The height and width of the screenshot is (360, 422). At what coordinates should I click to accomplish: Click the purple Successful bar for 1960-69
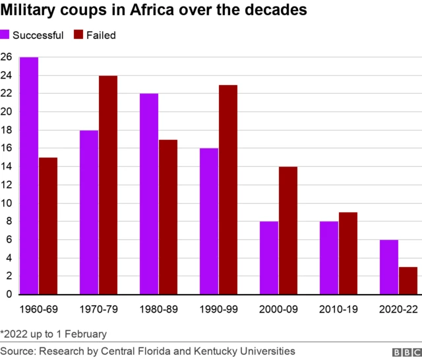(x=29, y=175)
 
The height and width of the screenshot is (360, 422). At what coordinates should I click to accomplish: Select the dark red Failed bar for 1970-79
(x=108, y=185)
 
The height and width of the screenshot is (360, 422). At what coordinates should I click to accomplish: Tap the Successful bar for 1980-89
(x=149, y=194)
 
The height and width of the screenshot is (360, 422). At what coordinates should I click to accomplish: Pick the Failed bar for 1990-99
(x=228, y=189)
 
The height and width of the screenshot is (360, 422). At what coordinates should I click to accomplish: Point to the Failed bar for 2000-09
(x=288, y=230)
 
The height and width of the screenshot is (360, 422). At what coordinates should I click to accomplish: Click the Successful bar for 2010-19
(x=329, y=258)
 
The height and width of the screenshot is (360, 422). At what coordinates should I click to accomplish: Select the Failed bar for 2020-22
(x=408, y=280)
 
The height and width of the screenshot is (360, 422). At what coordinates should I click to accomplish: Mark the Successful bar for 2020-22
(x=389, y=266)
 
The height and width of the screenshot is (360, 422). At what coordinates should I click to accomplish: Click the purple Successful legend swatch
(x=5, y=35)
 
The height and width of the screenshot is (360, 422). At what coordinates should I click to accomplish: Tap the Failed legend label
(x=101, y=35)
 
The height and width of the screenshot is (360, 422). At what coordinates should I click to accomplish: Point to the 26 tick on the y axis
(x=6, y=57)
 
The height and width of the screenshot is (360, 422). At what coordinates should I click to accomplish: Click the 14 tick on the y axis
(x=6, y=167)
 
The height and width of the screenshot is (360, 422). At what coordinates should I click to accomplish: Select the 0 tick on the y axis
(x=9, y=294)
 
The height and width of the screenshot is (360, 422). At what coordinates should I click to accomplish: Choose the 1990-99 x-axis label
(x=218, y=309)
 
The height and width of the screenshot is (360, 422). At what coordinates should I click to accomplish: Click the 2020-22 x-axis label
(x=398, y=309)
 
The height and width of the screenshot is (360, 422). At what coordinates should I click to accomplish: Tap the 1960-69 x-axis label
(x=38, y=309)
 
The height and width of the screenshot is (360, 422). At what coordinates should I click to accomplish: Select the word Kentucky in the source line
(x=224, y=351)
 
